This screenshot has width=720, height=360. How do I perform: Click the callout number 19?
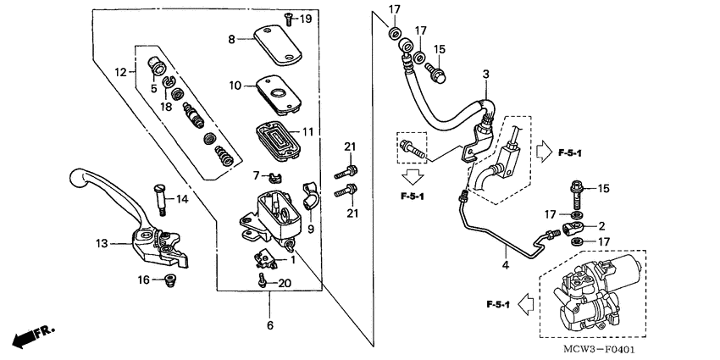[x=307, y=19]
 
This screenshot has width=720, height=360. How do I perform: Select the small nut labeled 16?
[x=169, y=279]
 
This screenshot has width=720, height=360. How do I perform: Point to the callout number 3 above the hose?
[x=485, y=75]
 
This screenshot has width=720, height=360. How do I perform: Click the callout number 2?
[x=601, y=227]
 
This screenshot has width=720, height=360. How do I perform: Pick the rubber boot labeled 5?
[x=157, y=64]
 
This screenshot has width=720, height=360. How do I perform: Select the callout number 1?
[x=292, y=260]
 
